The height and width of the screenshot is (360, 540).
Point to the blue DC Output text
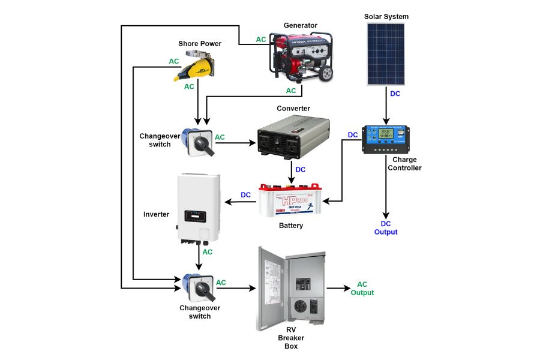click(385, 227)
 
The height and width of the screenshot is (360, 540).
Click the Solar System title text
click(386, 16)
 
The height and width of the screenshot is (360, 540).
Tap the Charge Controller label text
click(406, 164)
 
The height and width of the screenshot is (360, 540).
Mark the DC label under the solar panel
click(395, 94)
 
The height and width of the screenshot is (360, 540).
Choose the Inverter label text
click(157, 214)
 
